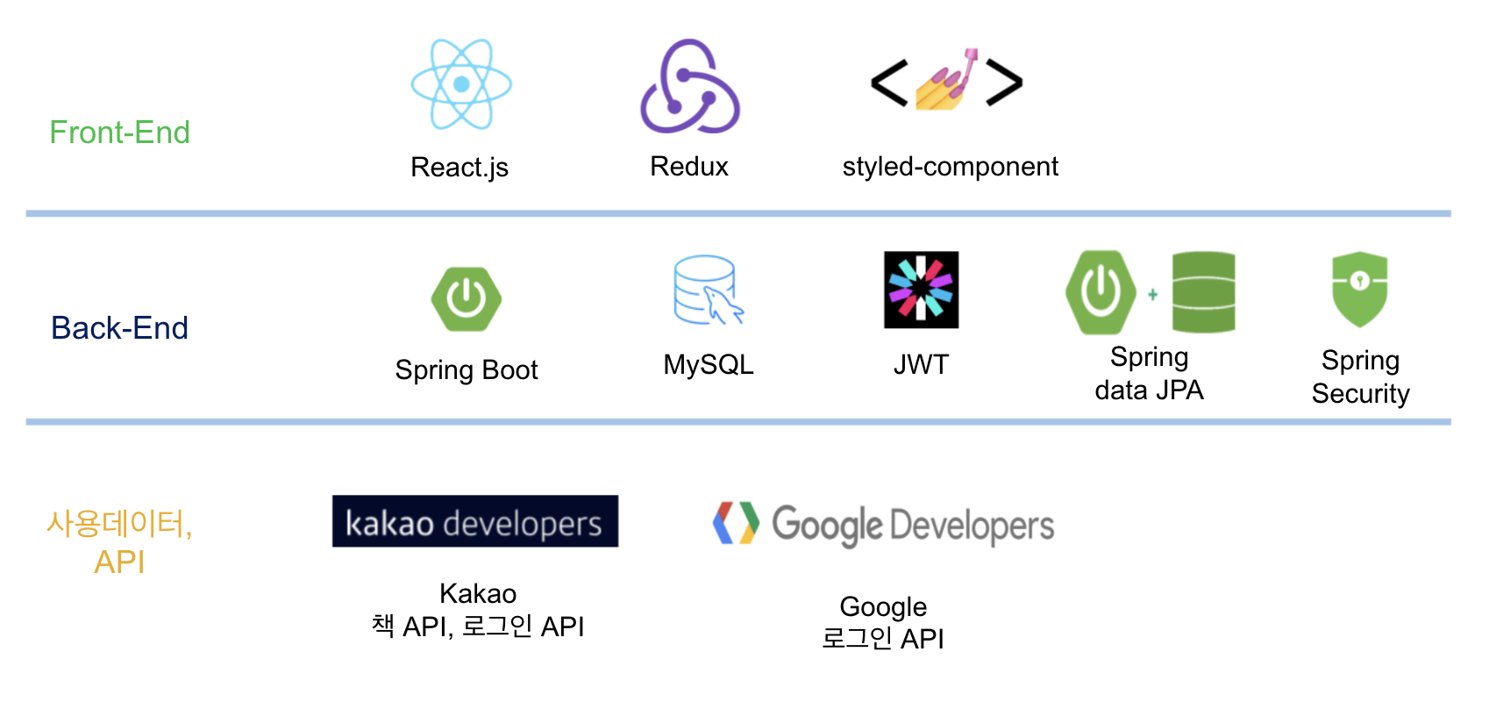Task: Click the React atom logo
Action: tap(461, 84)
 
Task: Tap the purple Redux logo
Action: tap(690, 86)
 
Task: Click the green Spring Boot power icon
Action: tap(467, 298)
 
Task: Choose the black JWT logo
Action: tap(921, 290)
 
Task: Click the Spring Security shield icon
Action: tap(1359, 289)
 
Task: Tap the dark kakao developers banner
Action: tap(474, 521)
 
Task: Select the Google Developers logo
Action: tap(884, 525)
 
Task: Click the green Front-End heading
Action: tap(119, 133)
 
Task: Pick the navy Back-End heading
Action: tap(119, 328)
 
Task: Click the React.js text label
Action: tap(460, 167)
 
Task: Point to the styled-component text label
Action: tap(950, 166)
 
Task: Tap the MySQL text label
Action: tap(709, 364)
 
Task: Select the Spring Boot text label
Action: tap(467, 369)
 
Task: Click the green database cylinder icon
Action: tap(1203, 292)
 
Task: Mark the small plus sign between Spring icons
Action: tap(1152, 295)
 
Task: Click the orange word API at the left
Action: tap(119, 562)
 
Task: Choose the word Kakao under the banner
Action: tap(478, 593)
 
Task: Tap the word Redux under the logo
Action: tap(689, 166)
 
